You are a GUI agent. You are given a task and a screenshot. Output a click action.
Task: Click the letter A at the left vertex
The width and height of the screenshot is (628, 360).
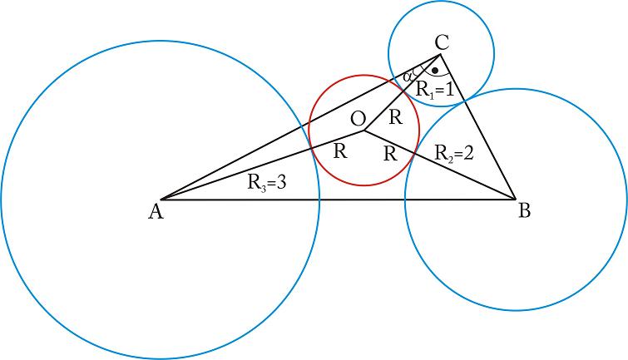point(155,213)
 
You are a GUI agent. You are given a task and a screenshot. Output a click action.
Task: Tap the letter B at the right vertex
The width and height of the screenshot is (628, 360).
point(524,211)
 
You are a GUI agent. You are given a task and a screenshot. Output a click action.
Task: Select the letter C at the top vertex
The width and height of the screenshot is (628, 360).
point(442,41)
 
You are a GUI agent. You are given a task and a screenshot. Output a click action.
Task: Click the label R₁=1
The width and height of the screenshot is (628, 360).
point(434,90)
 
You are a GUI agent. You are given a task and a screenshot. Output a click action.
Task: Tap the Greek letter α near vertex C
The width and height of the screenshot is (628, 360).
point(408,76)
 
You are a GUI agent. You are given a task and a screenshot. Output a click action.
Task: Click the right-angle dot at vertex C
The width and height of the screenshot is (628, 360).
point(434,71)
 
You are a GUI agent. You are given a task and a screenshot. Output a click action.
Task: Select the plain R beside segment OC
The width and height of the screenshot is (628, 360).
point(396,117)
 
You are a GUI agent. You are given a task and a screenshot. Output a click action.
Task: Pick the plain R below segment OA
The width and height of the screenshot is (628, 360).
point(339,151)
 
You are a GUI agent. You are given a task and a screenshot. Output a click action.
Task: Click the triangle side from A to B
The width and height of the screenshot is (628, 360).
point(333,199)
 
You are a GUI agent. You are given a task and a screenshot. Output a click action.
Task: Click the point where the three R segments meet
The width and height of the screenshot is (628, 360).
point(364,130)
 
